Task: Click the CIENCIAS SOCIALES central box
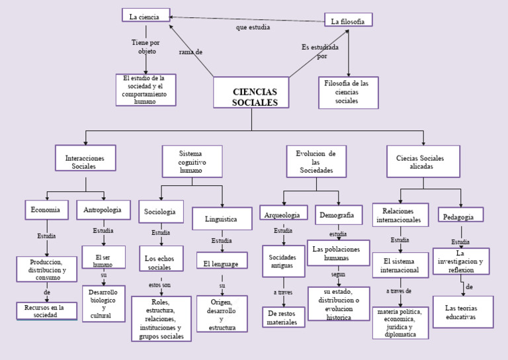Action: click(251, 93)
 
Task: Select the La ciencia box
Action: click(146, 16)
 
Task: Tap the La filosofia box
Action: click(348, 21)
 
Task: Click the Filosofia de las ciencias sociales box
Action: click(348, 92)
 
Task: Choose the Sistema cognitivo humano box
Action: click(192, 161)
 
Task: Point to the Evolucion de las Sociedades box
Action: click(316, 162)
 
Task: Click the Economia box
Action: click(46, 210)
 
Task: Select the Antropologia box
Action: click(103, 210)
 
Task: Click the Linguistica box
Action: click(222, 218)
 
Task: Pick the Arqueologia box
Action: click(283, 214)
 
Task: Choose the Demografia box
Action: click(338, 214)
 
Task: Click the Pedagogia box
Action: click(460, 216)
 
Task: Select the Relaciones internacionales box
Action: click(400, 214)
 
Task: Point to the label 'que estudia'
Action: click(253, 28)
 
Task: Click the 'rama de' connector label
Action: click(190, 52)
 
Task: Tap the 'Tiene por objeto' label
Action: click(146, 46)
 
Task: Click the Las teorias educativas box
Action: click(462, 312)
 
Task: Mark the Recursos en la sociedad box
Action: click(46, 311)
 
